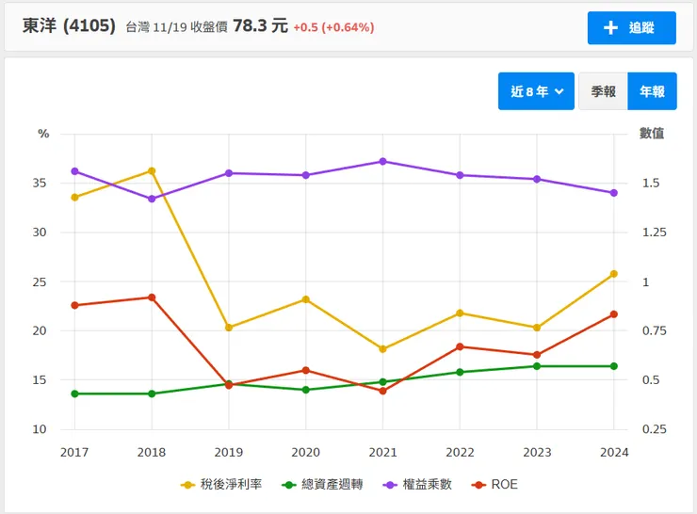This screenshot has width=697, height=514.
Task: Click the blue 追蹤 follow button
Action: coord(631,27)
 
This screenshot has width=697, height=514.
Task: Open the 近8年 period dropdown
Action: coord(536,91)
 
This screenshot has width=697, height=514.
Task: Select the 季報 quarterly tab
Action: coord(603,91)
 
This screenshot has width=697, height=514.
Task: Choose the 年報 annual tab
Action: coord(652,91)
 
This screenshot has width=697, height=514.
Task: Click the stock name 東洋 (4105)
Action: coord(70,26)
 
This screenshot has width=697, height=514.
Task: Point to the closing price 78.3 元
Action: coord(260,26)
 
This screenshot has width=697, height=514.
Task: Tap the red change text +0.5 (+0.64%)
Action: coord(333,27)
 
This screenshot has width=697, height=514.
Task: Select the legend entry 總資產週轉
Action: coord(315,485)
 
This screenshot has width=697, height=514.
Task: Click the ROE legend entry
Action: coord(495,485)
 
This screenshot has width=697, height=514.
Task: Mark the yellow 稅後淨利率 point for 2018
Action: coord(152,171)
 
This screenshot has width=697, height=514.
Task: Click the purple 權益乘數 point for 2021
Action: coord(382,161)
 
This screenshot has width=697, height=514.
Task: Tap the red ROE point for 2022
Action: coord(460,346)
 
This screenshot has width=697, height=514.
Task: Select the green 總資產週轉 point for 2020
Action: coord(305,390)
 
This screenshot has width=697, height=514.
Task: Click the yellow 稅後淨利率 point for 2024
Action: coord(613,274)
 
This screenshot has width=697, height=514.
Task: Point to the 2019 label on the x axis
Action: coord(229,452)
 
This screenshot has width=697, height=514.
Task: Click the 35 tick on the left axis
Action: coord(38,183)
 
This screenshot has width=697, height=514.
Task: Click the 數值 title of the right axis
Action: coord(652,134)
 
